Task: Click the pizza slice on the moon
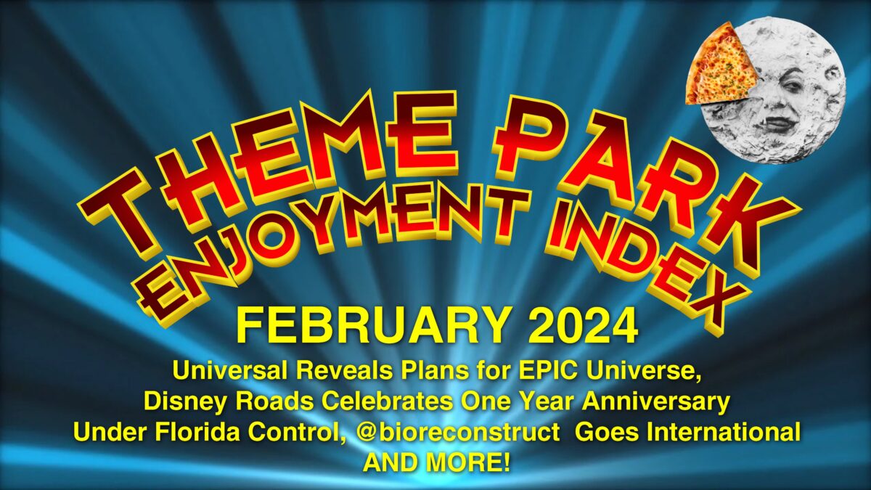(x=719, y=67)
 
